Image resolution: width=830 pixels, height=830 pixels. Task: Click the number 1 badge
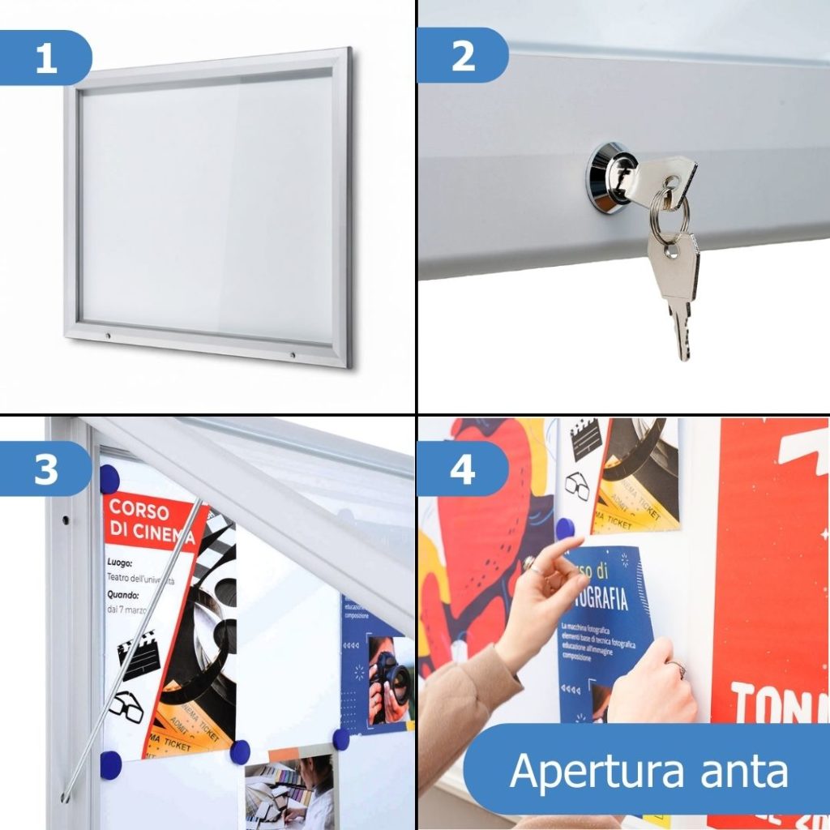(x=46, y=58)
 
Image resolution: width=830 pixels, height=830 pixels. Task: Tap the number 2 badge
(x=463, y=56)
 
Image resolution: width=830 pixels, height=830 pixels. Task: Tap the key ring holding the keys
(x=670, y=216)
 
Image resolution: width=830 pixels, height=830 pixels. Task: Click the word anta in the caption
(x=747, y=769)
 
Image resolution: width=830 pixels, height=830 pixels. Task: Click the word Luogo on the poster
(x=118, y=562)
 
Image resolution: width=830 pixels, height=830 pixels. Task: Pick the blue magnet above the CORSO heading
(x=109, y=478)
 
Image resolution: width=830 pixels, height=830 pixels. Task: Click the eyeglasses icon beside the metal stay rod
(x=126, y=707)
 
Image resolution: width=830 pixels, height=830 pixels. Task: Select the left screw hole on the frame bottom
(x=107, y=334)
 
